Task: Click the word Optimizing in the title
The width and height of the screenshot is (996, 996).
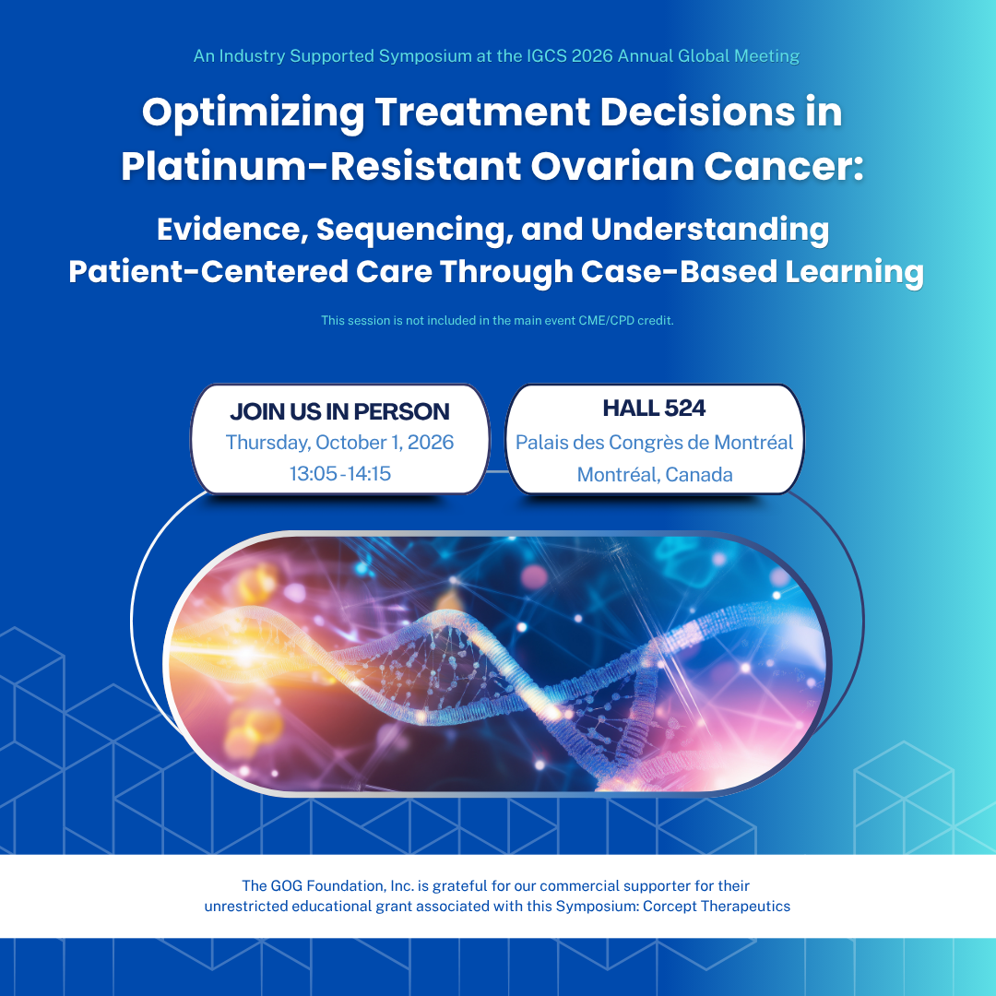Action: [x=253, y=113]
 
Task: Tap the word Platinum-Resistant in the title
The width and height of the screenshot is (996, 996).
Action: [x=322, y=166]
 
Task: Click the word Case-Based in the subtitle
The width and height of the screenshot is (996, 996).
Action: [x=679, y=271]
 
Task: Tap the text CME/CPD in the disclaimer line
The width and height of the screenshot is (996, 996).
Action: [x=606, y=320]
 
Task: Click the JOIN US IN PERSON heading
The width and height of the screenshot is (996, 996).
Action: [x=339, y=411]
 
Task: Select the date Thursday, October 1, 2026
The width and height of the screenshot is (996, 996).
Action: [x=339, y=442]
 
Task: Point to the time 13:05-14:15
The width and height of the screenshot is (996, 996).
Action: [x=339, y=473]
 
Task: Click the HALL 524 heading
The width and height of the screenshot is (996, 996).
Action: [x=654, y=408]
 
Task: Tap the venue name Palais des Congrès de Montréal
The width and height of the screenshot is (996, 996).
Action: [x=654, y=442]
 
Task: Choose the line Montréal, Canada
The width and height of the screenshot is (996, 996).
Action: [x=654, y=475]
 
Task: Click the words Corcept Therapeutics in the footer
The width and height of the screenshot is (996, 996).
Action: [x=717, y=906]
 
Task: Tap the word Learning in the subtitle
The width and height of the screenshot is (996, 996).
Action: [x=854, y=272]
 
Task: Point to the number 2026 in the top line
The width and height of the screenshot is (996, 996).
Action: [x=592, y=56]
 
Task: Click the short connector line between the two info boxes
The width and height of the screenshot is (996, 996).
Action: [x=498, y=471]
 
